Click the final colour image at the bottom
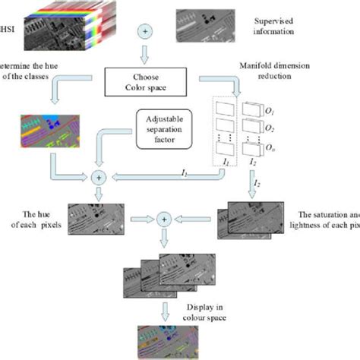(x=164, y=340)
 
